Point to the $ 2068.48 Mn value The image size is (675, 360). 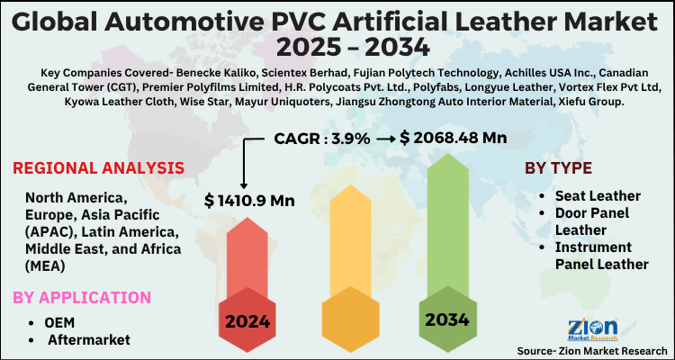454,138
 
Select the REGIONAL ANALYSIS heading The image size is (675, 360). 99,168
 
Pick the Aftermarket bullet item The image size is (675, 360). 90,338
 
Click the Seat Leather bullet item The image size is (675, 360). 598,195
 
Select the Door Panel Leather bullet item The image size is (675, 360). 592,220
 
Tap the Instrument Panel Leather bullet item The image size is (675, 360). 601,255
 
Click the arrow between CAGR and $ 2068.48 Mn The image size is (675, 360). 384,138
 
